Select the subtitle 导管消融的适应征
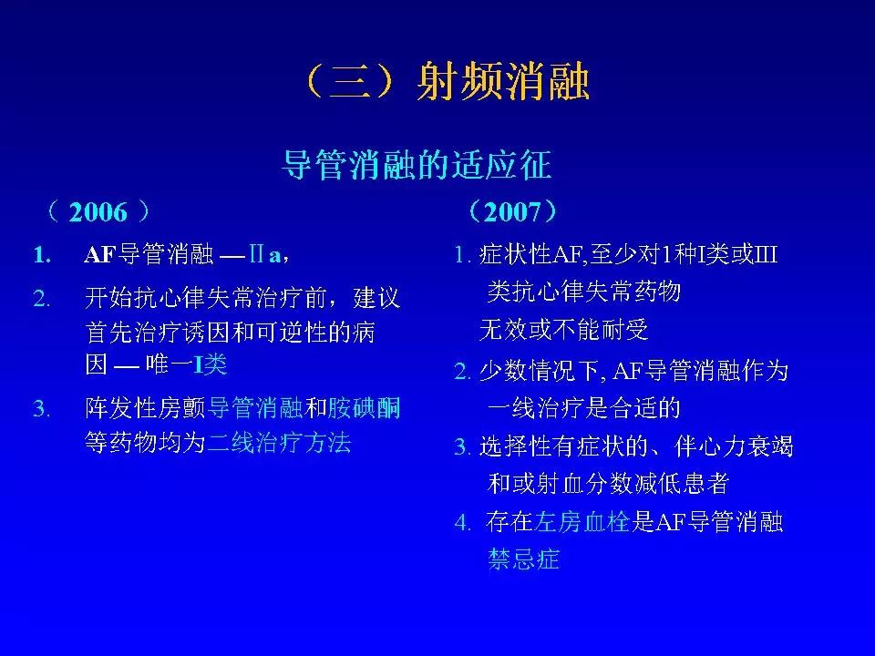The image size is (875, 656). [417, 165]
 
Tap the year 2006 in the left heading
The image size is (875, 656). [98, 213]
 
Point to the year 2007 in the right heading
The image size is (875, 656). [512, 213]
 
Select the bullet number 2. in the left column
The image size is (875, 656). [40, 298]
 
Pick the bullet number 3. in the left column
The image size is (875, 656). [40, 407]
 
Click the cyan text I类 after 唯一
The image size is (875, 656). [211, 365]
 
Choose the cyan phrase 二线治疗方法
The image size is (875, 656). [280, 444]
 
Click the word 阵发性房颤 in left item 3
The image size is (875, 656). [146, 407]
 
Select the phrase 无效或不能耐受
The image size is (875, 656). [564, 329]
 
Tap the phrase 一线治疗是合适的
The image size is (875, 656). [584, 408]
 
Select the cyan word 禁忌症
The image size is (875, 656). [523, 559]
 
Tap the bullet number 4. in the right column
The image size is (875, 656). [463, 523]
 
